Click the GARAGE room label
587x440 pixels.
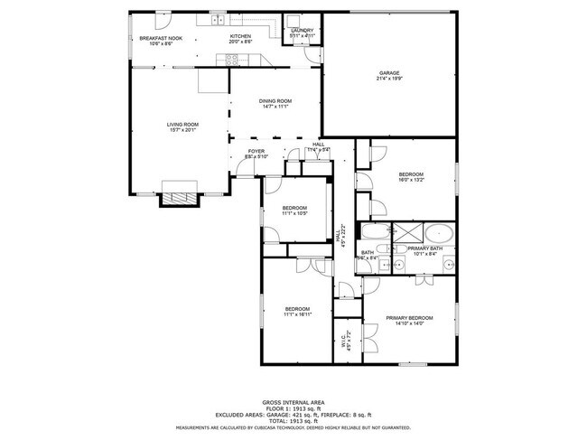click(x=389, y=72)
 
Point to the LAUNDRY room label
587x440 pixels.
click(x=302, y=30)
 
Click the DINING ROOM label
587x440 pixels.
click(x=275, y=100)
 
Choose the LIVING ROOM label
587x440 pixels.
click(x=182, y=124)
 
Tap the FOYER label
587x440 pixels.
click(x=256, y=152)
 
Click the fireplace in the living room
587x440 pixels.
click(x=178, y=193)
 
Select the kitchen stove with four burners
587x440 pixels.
click(x=232, y=60)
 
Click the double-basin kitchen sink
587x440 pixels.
click(x=218, y=19)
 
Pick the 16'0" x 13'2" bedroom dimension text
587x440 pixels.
click(x=411, y=180)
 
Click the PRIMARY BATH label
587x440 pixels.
click(x=424, y=248)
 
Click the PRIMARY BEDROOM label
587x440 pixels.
click(x=409, y=317)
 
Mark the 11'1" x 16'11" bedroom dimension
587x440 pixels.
click(x=297, y=314)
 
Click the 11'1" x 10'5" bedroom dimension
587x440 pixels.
click(x=294, y=214)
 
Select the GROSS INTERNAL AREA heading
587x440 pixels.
click(x=293, y=401)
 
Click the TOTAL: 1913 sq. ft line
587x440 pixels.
click(x=293, y=420)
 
